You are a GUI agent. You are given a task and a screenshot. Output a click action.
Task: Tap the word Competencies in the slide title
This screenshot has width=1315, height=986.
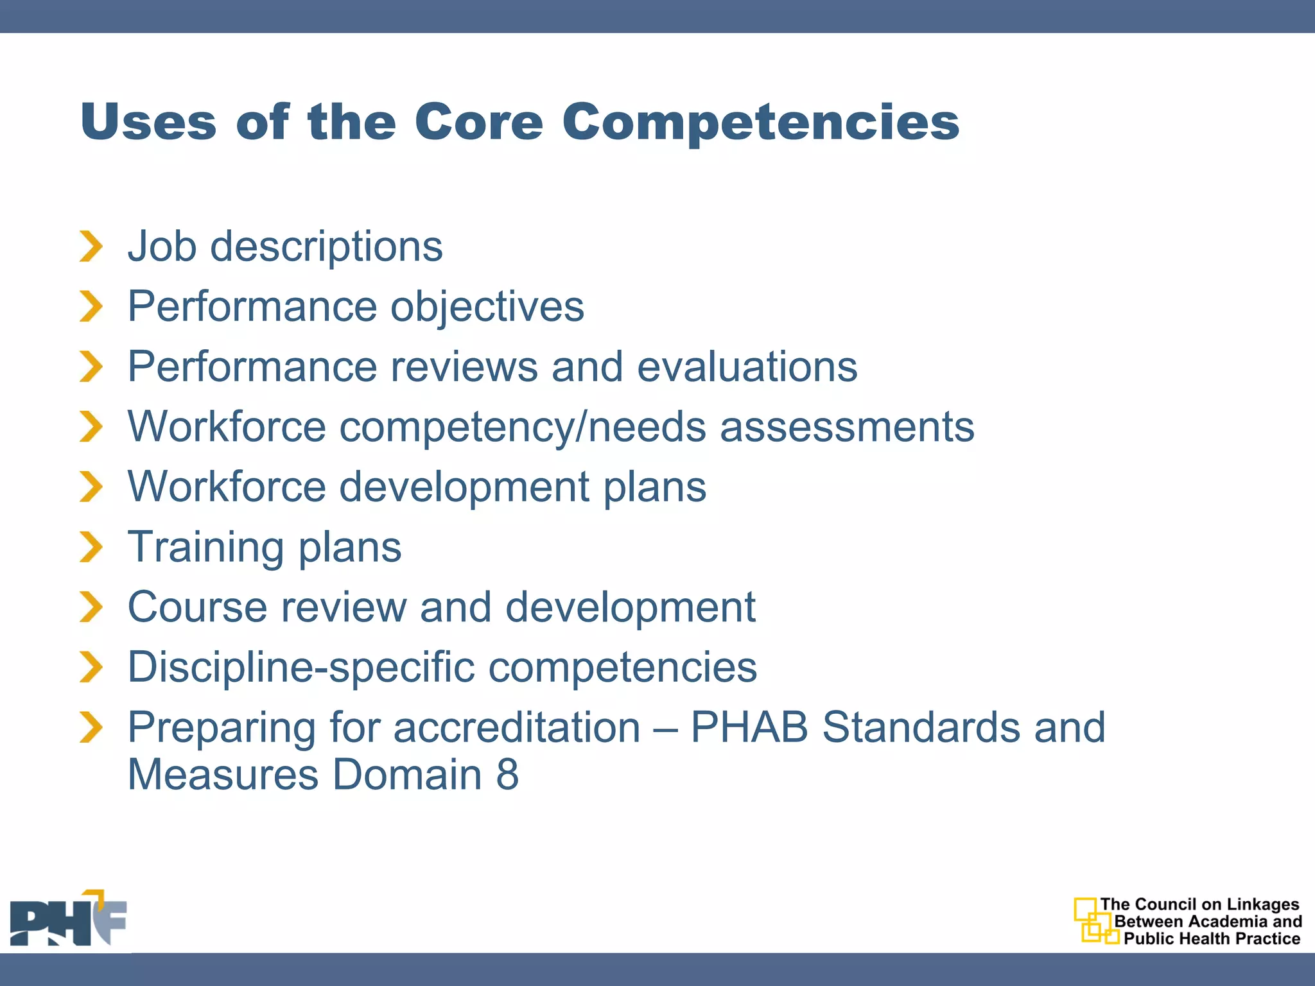tap(760, 123)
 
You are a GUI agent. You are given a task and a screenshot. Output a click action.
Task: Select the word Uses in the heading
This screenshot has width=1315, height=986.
tap(149, 122)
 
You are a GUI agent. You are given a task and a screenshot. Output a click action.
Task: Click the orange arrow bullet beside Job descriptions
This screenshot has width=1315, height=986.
tap(91, 246)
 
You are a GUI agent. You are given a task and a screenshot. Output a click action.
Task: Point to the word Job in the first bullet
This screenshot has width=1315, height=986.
tap(162, 246)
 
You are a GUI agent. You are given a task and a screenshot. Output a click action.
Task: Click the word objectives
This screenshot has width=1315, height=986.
tap(487, 307)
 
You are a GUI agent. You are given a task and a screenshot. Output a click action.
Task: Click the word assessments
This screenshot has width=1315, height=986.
tap(847, 427)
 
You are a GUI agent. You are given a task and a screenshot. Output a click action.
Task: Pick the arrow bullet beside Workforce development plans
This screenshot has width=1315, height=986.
tap(91, 487)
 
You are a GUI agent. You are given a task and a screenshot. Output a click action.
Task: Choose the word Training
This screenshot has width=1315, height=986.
tap(205, 548)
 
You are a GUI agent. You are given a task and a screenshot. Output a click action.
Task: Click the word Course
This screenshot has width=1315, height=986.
tap(196, 607)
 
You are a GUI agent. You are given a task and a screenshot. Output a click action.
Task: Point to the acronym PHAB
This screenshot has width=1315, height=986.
tap(749, 727)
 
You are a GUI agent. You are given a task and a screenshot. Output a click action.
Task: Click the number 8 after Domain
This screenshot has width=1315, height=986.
tap(507, 775)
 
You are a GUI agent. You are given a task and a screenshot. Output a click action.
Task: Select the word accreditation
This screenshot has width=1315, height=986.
tap(517, 727)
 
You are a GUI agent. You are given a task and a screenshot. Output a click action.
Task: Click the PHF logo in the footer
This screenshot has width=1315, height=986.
tap(68, 919)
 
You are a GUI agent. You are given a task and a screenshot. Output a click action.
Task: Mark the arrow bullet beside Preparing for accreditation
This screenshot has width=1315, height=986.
tap(91, 727)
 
